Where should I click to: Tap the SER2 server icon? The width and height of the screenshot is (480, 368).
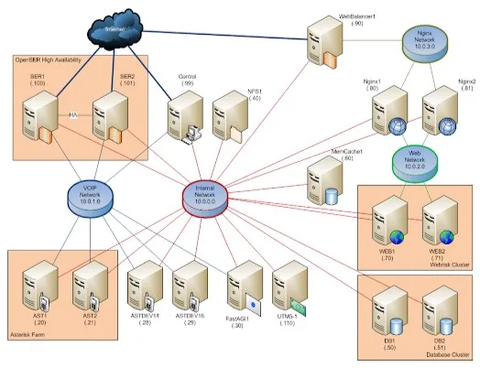[110, 117]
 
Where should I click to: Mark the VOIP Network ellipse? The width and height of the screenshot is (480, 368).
[89, 195]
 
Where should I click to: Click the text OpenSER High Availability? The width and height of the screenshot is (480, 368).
[54, 60]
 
